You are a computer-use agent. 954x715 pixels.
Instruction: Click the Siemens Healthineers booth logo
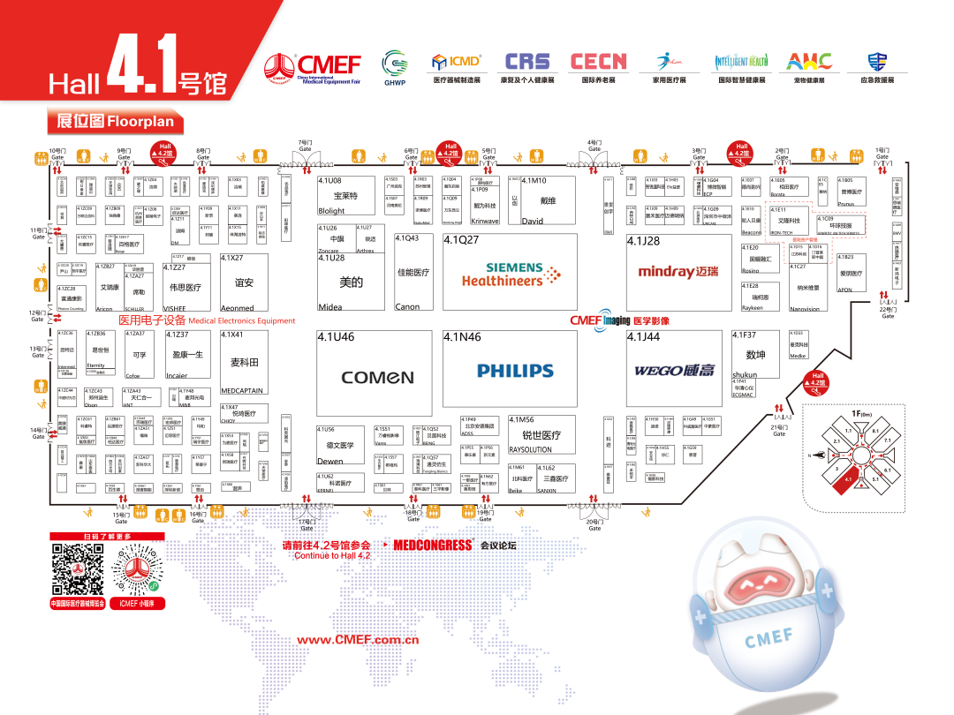(x=511, y=275)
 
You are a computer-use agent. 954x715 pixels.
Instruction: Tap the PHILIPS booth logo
(x=515, y=371)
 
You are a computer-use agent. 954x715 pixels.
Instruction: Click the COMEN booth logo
(x=377, y=378)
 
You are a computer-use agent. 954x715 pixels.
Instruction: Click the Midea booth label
(x=330, y=307)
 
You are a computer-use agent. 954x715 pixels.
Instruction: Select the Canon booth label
(x=407, y=307)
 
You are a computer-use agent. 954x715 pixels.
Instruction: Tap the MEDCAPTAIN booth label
(x=241, y=390)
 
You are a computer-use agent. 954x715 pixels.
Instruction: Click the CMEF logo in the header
(x=313, y=65)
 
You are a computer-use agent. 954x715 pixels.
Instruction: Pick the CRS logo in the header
(x=526, y=63)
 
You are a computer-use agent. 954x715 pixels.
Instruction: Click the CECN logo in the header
(x=598, y=62)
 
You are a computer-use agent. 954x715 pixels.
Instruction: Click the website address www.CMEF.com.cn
(x=357, y=640)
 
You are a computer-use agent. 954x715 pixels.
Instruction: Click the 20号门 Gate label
(x=594, y=525)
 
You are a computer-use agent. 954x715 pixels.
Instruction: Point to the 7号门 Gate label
(x=305, y=146)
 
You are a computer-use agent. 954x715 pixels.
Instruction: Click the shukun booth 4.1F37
(x=755, y=355)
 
